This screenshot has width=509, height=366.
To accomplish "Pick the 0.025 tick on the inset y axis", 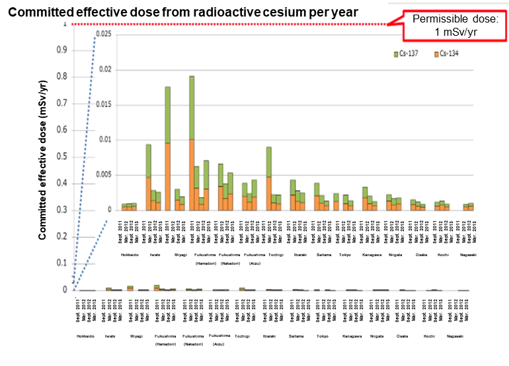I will (102, 34).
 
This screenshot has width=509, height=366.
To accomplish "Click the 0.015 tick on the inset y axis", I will (102, 105).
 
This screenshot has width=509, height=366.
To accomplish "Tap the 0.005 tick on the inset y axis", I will (102, 175).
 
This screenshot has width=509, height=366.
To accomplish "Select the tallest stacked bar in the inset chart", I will (192, 143).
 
